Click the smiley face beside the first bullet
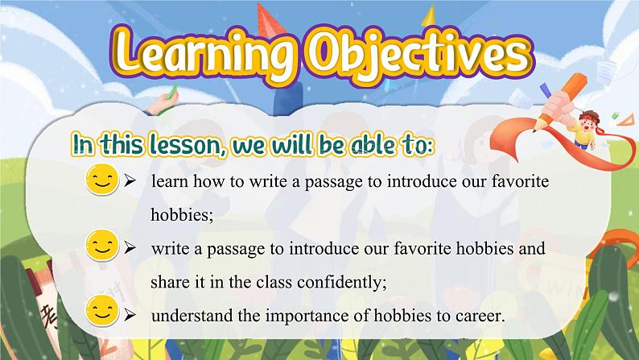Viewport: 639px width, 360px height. (x=101, y=182)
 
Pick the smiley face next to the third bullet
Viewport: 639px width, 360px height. (x=101, y=312)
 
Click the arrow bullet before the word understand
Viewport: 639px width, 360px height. (x=130, y=317)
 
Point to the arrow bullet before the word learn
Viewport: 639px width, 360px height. (x=130, y=182)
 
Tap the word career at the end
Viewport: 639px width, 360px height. (x=480, y=317)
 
